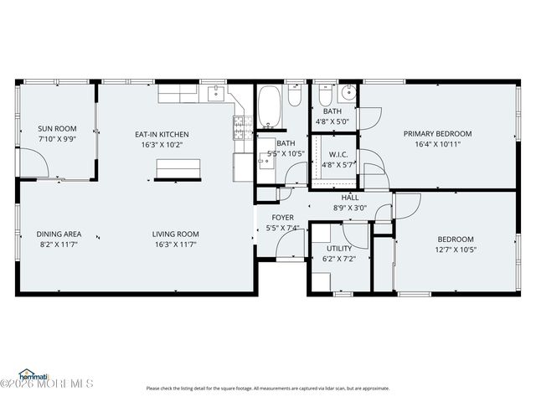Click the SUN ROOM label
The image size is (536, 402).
(x=57, y=129)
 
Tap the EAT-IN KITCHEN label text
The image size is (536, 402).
(x=162, y=134)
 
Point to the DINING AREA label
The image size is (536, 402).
(x=59, y=234)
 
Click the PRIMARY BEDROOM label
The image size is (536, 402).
(x=437, y=133)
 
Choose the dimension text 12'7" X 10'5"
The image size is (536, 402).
(x=454, y=249)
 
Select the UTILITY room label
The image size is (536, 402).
(x=338, y=248)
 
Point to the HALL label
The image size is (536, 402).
(x=349, y=197)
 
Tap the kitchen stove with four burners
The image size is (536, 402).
(x=240, y=127)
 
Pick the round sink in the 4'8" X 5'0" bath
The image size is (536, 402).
(x=348, y=92)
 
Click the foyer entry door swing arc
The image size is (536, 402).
(x=289, y=245)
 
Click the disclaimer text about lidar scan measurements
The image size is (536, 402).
(x=268, y=388)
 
